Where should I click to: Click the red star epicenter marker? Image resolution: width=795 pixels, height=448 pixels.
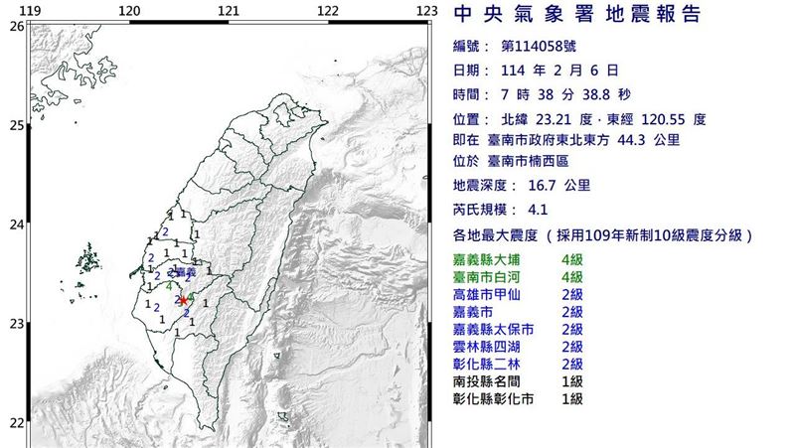[183, 299]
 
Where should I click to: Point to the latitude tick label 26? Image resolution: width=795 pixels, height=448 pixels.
[15, 27]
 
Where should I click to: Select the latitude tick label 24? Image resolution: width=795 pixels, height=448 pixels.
[15, 225]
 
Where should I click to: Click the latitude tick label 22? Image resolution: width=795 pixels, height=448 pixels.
[15, 423]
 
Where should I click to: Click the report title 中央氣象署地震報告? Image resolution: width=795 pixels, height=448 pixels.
[576, 16]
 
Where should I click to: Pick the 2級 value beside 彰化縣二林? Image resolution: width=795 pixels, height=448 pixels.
[572, 364]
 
